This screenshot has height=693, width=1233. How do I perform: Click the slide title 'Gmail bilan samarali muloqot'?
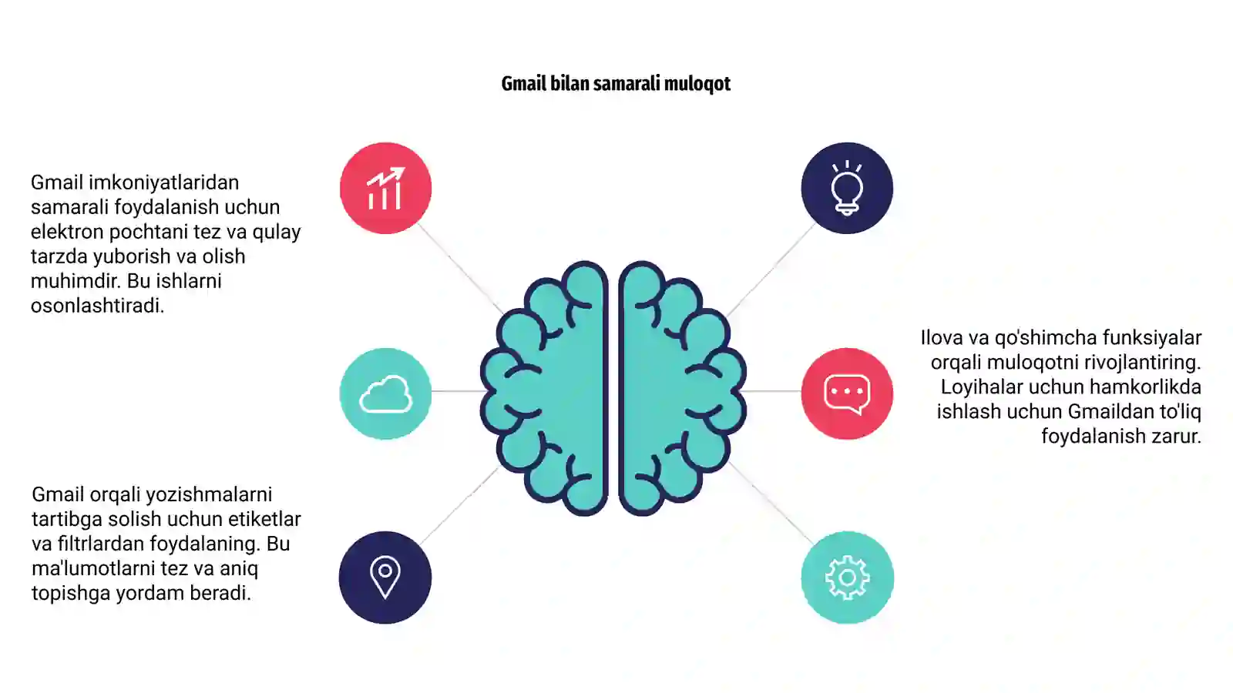[616, 84]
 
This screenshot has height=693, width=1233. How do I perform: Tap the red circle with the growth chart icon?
[385, 188]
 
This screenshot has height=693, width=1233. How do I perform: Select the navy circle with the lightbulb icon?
[847, 188]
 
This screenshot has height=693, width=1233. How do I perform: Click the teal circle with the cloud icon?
[385, 393]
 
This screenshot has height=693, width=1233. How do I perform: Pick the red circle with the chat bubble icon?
[847, 393]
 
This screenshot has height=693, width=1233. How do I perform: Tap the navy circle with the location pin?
[385, 577]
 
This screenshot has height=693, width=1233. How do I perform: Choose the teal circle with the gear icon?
[847, 577]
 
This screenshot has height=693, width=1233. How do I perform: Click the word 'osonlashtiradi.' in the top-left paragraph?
[97, 305]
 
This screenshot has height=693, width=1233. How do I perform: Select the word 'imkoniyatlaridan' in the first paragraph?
[163, 182]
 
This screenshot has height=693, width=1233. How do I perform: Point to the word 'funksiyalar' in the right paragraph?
[1152, 337]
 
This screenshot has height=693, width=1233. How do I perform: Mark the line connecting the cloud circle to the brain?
[458, 391]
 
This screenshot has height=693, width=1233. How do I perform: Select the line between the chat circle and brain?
[772, 391]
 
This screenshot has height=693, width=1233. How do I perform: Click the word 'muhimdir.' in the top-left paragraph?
[76, 280]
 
